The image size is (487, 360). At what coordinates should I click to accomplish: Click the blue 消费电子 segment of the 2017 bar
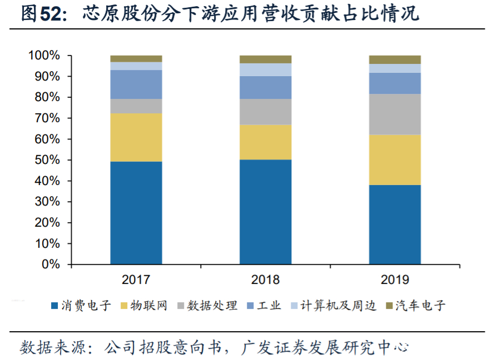(136, 212)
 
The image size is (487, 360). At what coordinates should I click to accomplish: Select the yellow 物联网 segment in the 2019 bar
(395, 159)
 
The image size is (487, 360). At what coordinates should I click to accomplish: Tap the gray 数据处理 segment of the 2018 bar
(265, 112)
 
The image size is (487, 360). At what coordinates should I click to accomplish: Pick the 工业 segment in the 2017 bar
(136, 84)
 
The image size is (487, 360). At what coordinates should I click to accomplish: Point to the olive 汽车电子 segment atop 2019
(395, 59)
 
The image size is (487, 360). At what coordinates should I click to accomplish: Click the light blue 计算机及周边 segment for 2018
(265, 69)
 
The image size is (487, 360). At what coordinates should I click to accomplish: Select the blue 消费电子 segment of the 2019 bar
(395, 224)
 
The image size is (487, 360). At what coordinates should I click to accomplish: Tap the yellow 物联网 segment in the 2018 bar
(265, 142)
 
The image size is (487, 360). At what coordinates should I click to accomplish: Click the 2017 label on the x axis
(136, 279)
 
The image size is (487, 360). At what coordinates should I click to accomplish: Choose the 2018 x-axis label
(265, 279)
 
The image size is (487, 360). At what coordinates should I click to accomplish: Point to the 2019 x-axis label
(395, 279)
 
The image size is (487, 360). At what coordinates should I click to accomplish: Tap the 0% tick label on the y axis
(50, 264)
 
